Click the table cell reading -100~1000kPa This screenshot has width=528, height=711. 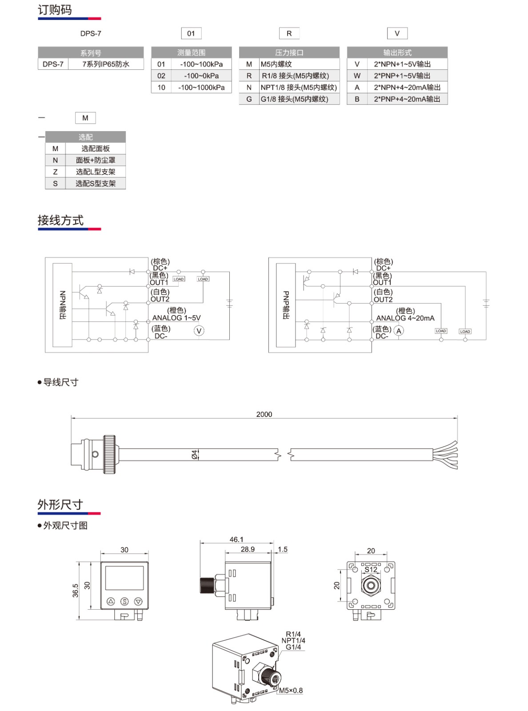(x=201, y=88)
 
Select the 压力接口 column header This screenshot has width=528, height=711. (x=289, y=52)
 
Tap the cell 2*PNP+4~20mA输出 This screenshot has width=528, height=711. (x=407, y=99)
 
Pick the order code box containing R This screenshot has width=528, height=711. (x=289, y=33)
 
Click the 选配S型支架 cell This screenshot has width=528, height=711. (x=96, y=184)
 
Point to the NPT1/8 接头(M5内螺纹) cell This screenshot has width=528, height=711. (x=299, y=88)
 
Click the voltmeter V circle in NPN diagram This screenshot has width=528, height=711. (x=199, y=331)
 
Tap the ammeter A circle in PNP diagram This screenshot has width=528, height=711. (x=399, y=331)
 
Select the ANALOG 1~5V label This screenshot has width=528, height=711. (x=176, y=318)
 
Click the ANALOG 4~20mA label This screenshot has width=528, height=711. (x=405, y=318)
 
